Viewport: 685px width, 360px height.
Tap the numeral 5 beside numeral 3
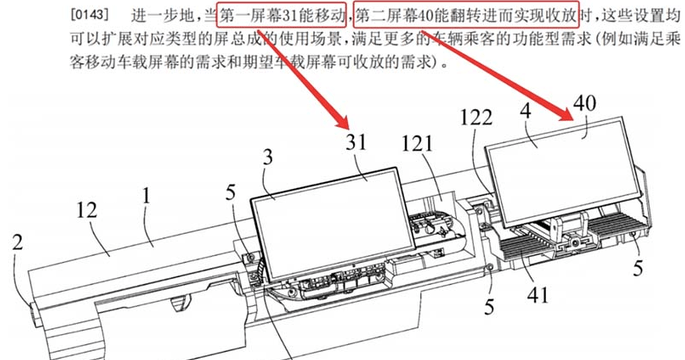click(232, 186)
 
